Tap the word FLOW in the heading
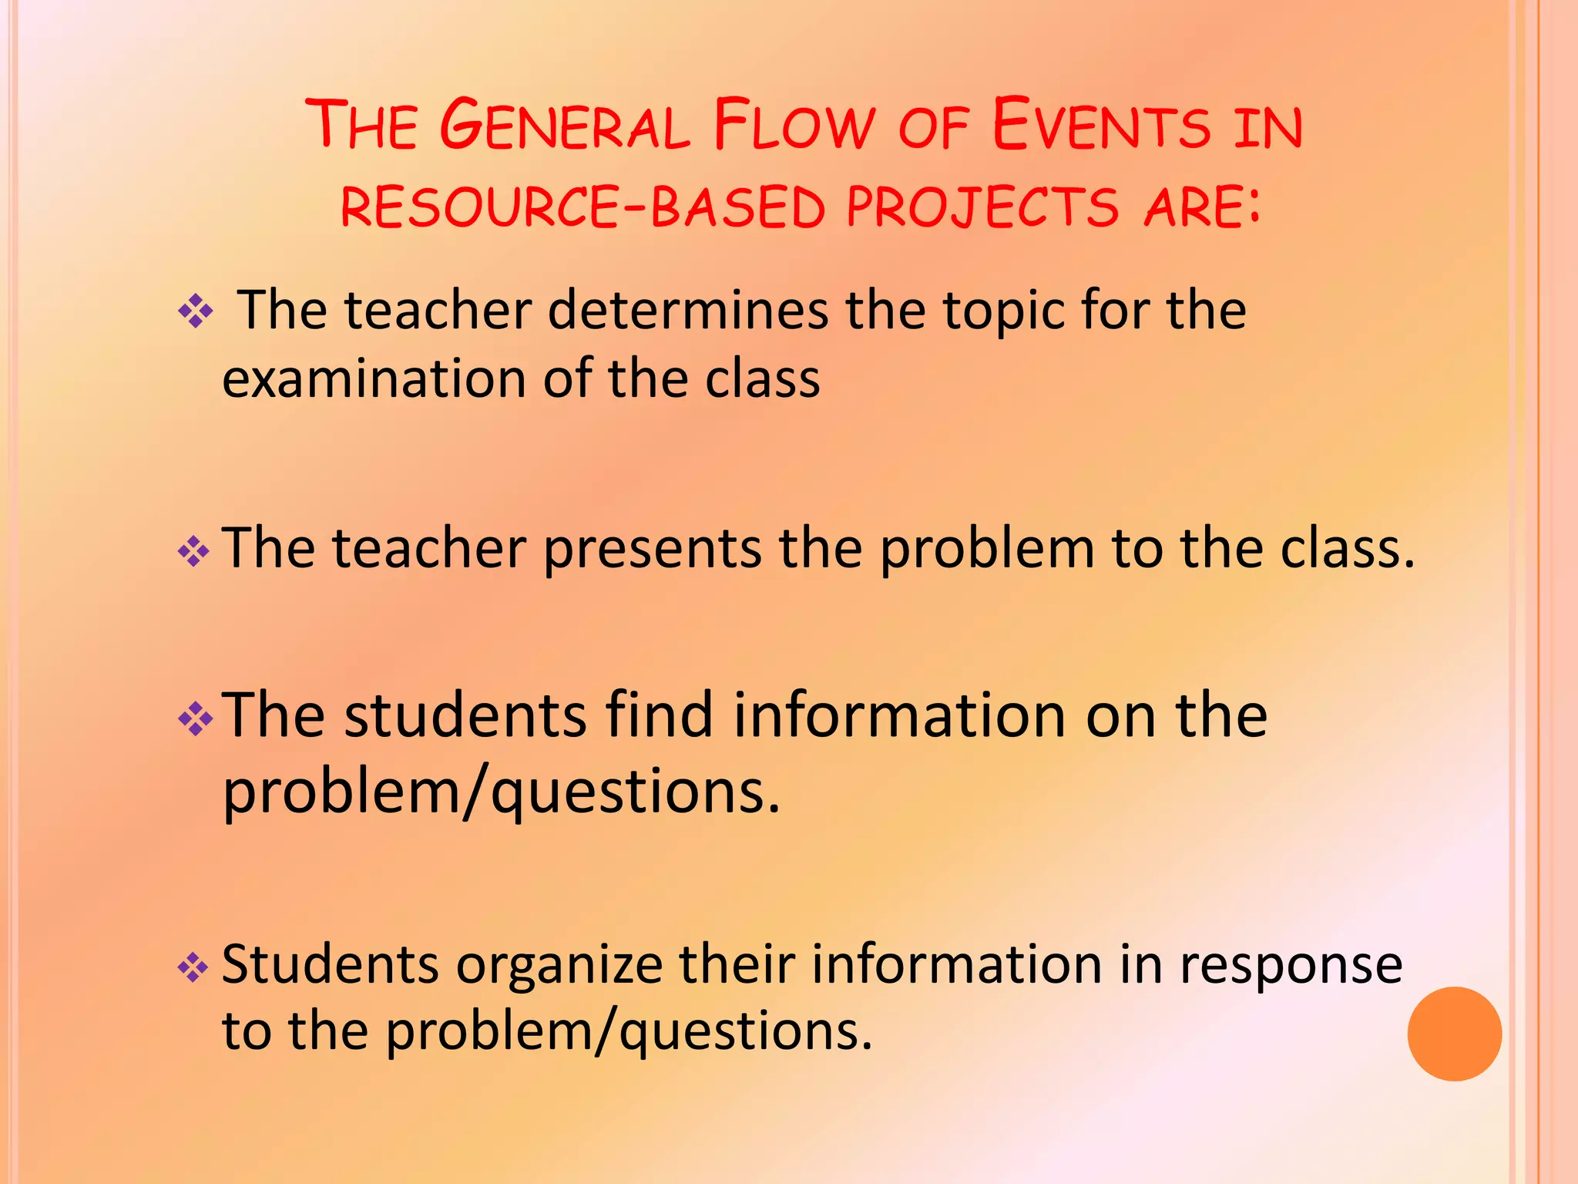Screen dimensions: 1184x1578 click(794, 125)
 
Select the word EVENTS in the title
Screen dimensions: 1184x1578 click(1101, 125)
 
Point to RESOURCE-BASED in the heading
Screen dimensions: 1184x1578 click(583, 207)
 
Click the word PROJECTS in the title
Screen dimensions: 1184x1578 click(982, 207)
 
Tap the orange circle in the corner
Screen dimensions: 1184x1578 click(1454, 1034)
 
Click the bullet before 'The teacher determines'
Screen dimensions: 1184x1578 click(196, 312)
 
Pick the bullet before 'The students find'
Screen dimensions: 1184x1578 click(195, 718)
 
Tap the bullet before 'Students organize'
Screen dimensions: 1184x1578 click(193, 967)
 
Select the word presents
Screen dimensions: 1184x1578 click(652, 550)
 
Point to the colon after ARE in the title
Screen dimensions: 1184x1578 click(1254, 207)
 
